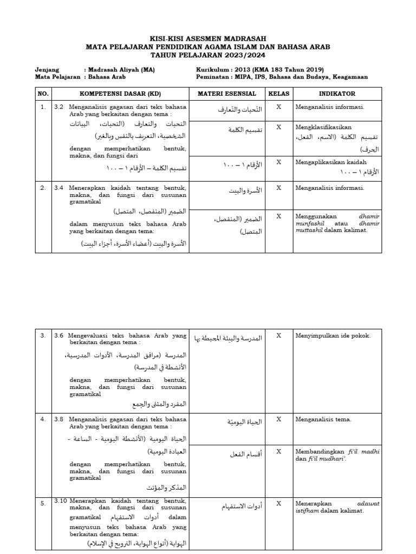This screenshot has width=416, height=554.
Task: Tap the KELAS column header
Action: [278, 94]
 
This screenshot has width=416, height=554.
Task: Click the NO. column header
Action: [43, 94]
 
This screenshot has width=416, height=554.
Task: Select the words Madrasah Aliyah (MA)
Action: [120, 69]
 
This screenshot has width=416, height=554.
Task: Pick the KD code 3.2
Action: [59, 107]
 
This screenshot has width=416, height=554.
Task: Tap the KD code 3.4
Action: [59, 188]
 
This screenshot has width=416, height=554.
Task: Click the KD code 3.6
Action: [59, 335]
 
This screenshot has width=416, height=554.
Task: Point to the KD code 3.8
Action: [59, 419]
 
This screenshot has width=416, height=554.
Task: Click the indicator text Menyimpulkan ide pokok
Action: [333, 335]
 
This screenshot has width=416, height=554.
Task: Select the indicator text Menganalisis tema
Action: [323, 419]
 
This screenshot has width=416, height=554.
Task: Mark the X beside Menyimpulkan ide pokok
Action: [278, 335]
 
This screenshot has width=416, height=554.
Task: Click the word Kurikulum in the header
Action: [213, 69]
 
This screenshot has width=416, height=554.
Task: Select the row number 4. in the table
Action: [43, 419]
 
